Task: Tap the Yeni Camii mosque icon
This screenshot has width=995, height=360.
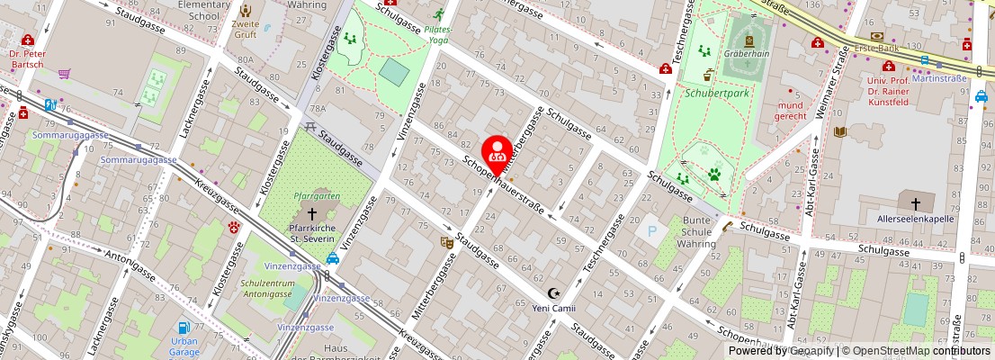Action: point(553,293)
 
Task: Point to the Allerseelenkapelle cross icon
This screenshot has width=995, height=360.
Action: point(916,203)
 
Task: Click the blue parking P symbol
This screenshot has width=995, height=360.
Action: point(652,231)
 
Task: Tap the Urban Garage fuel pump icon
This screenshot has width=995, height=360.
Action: point(184,328)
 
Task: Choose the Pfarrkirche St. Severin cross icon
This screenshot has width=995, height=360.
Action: point(312,213)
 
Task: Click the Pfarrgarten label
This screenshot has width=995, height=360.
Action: point(316,195)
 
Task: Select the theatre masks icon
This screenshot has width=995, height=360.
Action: point(445,241)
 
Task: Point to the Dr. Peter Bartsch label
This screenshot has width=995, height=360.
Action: point(27,59)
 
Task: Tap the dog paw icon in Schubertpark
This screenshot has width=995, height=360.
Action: point(714,174)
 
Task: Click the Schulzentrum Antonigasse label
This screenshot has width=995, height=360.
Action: point(268,289)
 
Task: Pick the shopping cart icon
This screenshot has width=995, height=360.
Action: point(64,74)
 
